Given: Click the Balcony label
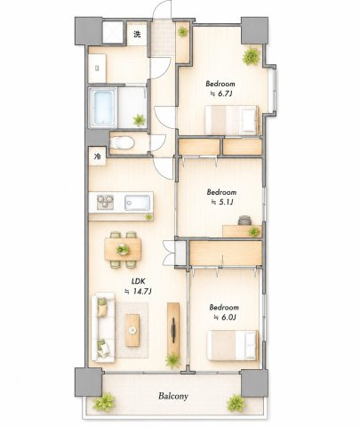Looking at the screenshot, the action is point(173,396).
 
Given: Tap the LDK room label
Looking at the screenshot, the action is point(138,281).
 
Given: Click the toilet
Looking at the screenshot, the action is point(122,142).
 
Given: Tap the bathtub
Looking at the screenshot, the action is point(101,108).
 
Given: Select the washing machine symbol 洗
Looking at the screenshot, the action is point(137,35).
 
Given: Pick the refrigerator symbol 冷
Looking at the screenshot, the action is point(98,157).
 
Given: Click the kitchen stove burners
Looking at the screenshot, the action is point(105,202).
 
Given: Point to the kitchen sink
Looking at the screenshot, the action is point(137,203).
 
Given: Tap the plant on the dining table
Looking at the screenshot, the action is point(123,250).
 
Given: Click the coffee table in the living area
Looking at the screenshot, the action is point(132,330).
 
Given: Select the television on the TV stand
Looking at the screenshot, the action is point(173,329).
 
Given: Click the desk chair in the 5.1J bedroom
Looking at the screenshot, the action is point(244,220).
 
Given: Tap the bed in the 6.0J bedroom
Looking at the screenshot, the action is point(233,345).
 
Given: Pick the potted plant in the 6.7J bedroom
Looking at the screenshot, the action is point(252,56).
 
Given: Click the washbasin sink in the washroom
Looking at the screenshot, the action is point(97,68).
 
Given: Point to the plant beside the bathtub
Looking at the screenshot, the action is point(139,120).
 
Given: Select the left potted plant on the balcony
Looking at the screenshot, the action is point(104,402).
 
